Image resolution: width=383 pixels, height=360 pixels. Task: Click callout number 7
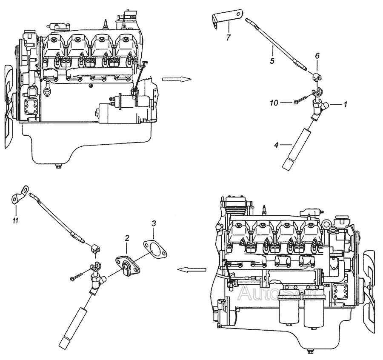pyautogui.click(x=228, y=38)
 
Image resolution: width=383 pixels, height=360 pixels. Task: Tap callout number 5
pyautogui.click(x=272, y=60)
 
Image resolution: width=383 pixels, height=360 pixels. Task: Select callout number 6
pyautogui.click(x=317, y=55)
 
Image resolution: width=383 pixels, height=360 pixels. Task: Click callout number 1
pyautogui.click(x=346, y=104)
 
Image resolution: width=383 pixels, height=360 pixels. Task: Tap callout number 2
pyautogui.click(x=126, y=240)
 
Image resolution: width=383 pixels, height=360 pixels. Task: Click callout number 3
pyautogui.click(x=154, y=223)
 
